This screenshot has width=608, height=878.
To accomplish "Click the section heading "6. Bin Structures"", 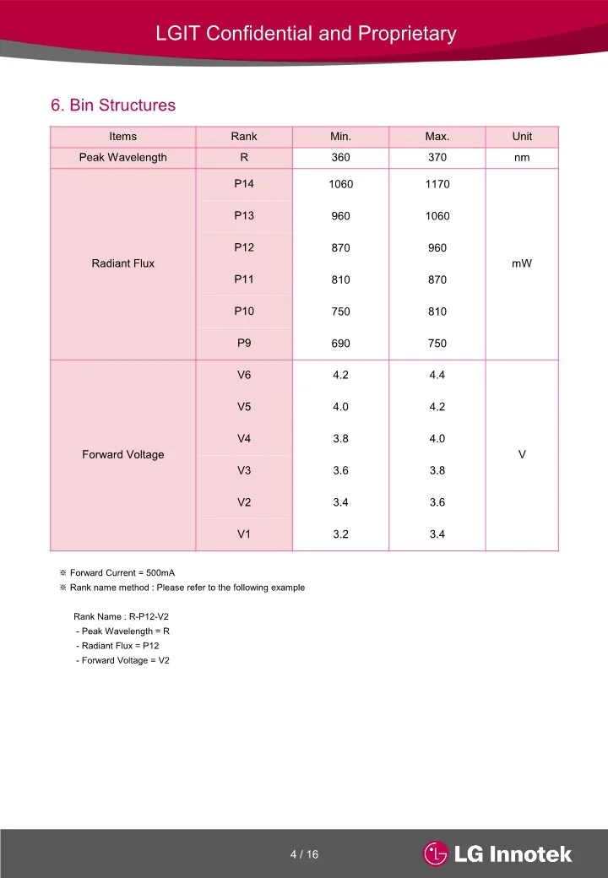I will pos(113,106).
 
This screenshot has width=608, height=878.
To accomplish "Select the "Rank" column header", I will pos(244,137).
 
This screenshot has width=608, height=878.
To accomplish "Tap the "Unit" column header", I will pos(522,137).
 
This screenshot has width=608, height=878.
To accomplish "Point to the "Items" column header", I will pos(123,137).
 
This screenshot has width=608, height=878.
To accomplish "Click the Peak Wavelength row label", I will pos(123,158).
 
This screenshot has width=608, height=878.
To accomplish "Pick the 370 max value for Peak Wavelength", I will pos(437,158).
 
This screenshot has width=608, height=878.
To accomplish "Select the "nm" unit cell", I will pos(522,158).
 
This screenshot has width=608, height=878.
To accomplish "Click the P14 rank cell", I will pos(244,184).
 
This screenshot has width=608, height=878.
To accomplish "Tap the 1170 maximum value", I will pos(437,184).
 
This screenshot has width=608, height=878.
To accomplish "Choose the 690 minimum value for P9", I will pos(340,344).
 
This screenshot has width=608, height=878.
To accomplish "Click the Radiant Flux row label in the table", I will pos(123,263).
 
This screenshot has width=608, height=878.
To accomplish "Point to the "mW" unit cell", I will pos(522,263).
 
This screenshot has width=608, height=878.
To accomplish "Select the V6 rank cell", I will pos(244,375).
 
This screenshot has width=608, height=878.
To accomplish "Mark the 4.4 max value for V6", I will pos(437,375).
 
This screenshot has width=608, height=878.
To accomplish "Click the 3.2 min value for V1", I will pos(340,534).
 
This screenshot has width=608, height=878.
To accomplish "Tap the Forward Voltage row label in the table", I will pos(123,455).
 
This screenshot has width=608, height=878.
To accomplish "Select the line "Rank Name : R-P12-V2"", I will pos(122,616).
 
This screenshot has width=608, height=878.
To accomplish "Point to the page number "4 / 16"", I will pos(304,854).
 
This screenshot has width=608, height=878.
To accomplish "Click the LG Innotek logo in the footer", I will pos(498,854).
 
